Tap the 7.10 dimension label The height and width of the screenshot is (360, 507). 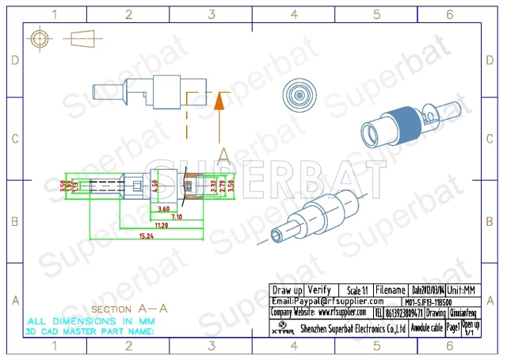point(176,216)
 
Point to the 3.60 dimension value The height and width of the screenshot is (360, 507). point(163,209)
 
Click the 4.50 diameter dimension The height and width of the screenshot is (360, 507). point(155,188)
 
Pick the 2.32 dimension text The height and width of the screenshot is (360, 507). point(213,187)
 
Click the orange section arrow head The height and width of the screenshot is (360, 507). point(222,100)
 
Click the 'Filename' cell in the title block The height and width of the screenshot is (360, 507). point(391,290)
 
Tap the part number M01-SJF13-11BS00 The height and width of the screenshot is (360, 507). point(429,302)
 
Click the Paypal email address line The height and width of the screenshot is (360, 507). point(327,301)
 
